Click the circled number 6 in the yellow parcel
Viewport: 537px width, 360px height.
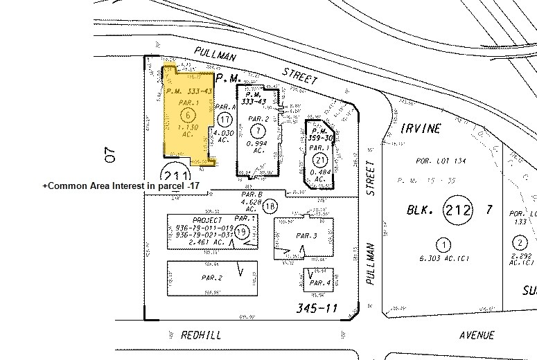coord(185,114)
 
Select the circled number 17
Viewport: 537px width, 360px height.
coord(224,120)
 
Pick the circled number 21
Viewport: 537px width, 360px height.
coord(319,160)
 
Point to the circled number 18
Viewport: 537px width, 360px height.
coord(270,205)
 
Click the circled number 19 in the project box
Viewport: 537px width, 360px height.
coord(241,231)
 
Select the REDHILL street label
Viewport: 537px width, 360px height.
coord(200,335)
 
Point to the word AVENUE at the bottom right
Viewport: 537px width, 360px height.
coord(477,335)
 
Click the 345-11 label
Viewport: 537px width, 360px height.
coord(315,307)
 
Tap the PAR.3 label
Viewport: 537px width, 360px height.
coord(305,236)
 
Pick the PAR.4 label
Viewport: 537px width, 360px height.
coord(319,283)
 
